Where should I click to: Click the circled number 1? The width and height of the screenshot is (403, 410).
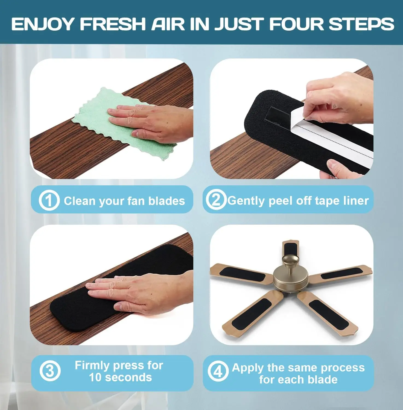pyautogui.click(x=49, y=201)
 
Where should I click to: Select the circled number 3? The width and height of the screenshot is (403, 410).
pyautogui.click(x=50, y=371)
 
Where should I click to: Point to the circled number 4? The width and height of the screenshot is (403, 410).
pyautogui.click(x=218, y=371)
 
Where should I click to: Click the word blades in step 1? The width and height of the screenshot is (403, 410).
pyautogui.click(x=167, y=201)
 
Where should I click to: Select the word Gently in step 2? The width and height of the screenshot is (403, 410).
pyautogui.click(x=246, y=201)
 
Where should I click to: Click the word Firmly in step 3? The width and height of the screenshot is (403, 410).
pyautogui.click(x=92, y=365)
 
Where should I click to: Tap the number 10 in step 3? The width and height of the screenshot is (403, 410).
pyautogui.click(x=95, y=377)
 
